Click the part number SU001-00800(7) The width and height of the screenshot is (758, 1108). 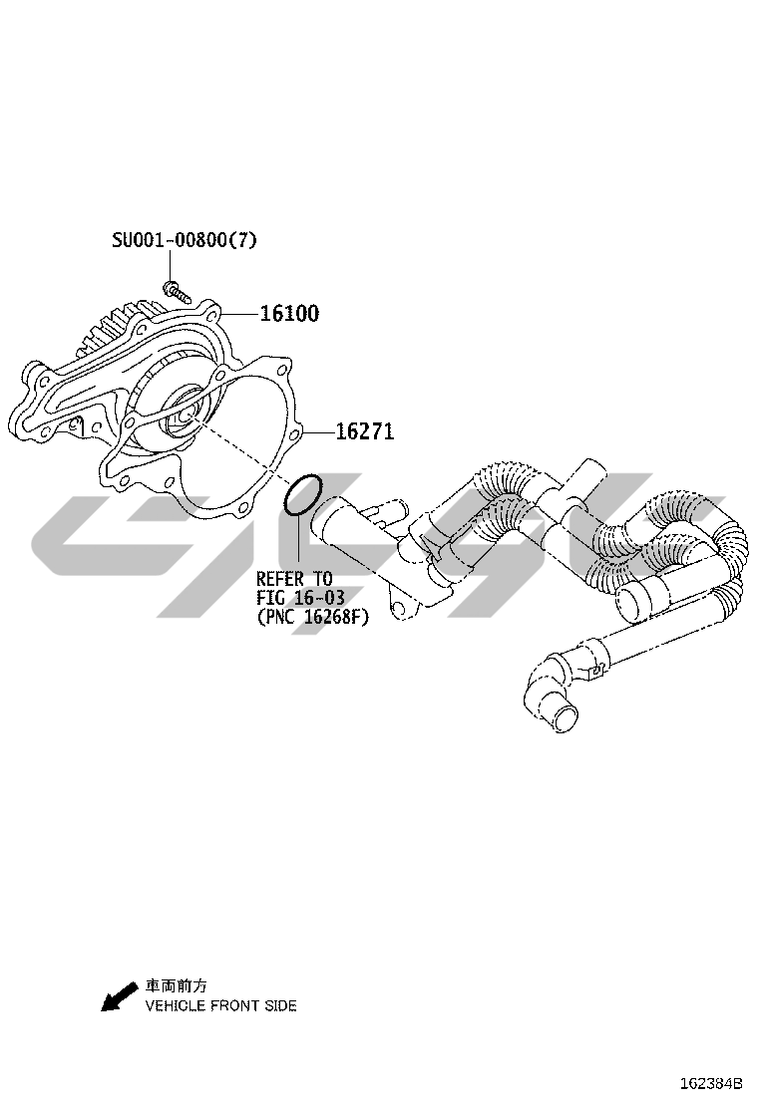coord(185,240)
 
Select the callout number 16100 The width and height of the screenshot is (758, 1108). coord(289,313)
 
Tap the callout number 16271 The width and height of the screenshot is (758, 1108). coord(364,431)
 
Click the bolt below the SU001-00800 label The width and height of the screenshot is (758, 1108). coord(177,291)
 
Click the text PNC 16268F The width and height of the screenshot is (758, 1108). coord(312,617)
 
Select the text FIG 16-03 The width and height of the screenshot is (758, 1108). coord(300,598)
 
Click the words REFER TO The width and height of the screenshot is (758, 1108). coord(294,580)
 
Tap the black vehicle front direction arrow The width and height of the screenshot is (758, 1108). coord(119,997)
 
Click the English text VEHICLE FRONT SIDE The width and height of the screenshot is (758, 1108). coord(220,1005)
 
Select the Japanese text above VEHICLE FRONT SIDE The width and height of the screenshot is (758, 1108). coord(177,985)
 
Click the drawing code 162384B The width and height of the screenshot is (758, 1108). coord(711,1083)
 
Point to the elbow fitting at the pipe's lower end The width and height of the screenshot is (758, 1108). coord(552,689)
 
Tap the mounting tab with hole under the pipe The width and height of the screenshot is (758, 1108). coord(401,609)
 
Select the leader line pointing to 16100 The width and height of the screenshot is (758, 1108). coord(239,313)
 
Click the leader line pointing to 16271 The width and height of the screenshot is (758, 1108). coord(317,431)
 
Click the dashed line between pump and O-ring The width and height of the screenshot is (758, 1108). coord(239,448)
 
